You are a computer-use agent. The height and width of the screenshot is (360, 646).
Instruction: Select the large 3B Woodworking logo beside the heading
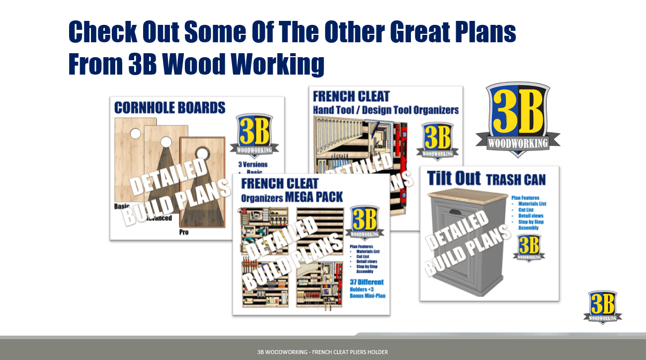[x=518, y=119]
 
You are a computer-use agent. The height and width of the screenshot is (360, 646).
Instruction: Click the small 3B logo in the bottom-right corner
[x=603, y=306]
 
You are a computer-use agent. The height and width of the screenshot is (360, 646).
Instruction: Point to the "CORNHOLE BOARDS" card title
[x=170, y=107]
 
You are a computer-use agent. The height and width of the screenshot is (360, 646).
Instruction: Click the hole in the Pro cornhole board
[x=203, y=152]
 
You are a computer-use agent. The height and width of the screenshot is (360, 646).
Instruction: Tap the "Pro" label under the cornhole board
[x=184, y=232]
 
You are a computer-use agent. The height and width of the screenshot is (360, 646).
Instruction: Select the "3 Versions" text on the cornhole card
[x=253, y=165]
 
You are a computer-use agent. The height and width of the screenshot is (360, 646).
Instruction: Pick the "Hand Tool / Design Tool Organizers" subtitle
[x=386, y=110]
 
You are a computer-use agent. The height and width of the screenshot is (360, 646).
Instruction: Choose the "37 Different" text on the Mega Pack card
[x=367, y=282]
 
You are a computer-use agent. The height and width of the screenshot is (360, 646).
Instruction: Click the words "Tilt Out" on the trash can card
[x=453, y=179]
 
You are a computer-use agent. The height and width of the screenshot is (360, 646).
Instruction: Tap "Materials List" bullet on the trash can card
[x=532, y=204]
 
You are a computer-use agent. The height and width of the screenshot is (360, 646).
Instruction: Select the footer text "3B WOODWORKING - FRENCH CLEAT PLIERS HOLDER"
[x=323, y=352]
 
